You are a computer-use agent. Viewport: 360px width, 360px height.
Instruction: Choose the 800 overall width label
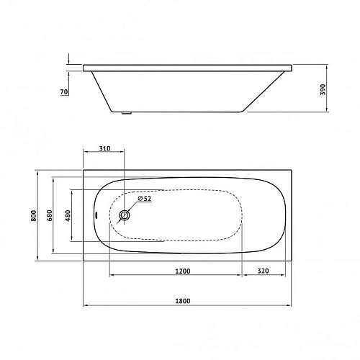tap(32, 215)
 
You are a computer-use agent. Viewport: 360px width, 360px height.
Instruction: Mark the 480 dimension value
tap(68, 215)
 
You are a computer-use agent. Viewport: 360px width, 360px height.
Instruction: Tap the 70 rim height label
tap(65, 91)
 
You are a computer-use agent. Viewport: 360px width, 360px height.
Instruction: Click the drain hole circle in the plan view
tap(125, 215)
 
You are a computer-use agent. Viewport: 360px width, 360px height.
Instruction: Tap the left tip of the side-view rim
tap(85, 69)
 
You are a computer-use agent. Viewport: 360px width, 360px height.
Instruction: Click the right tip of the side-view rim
tap(296, 69)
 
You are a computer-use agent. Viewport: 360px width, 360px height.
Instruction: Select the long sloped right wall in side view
tap(266, 92)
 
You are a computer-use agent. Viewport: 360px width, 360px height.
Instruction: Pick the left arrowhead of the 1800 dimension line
tap(86, 305)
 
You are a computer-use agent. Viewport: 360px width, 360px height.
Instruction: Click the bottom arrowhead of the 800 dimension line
tap(37, 258)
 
